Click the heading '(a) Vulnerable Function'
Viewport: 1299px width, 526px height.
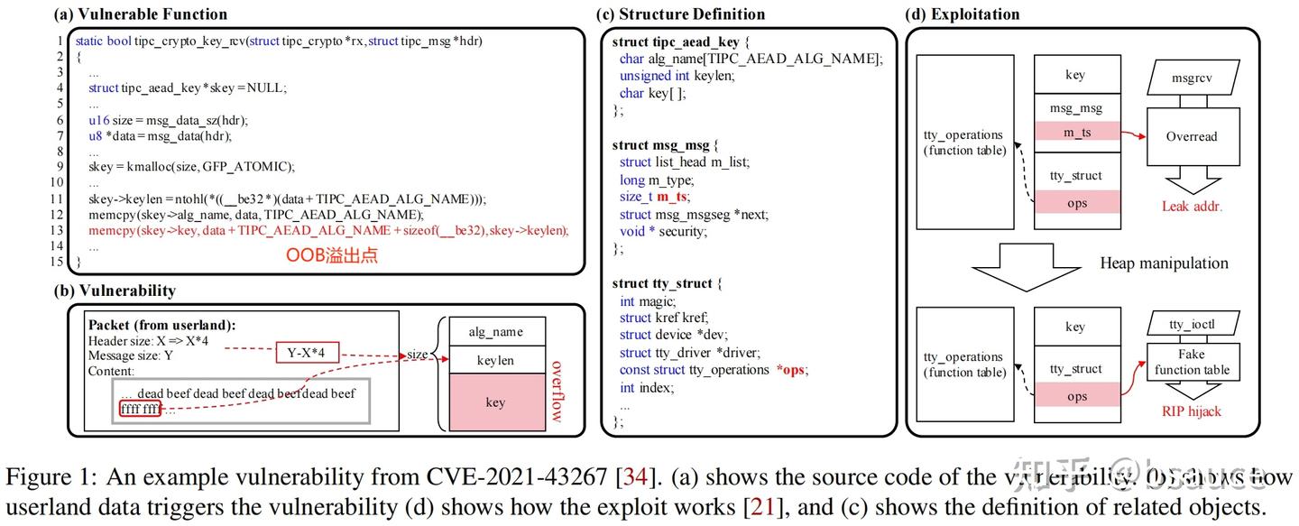coord(141,14)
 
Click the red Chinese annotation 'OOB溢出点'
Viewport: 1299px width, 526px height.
coord(332,255)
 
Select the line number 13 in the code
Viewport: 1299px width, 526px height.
coord(59,230)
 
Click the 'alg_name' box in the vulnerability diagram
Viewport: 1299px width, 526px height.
coord(495,331)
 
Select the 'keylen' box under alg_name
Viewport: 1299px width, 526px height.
coord(495,360)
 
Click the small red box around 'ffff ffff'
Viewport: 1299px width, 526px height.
coord(140,409)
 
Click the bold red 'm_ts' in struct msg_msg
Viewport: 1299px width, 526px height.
coord(671,197)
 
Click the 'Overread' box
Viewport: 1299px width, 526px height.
coord(1191,136)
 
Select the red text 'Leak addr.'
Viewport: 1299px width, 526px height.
coord(1193,207)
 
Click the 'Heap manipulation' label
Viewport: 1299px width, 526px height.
coord(1164,263)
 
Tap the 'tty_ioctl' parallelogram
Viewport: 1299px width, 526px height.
coord(1191,323)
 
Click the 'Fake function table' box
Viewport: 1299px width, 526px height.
coord(1191,363)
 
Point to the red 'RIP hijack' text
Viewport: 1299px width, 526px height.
coord(1191,411)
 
